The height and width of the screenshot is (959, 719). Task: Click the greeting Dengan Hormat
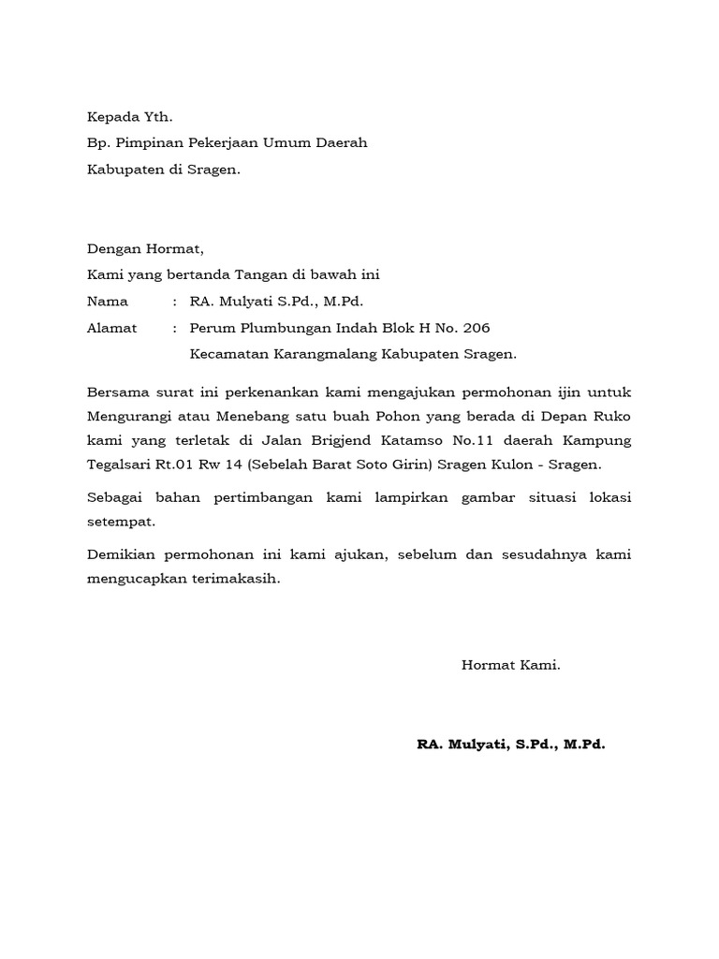coord(144,249)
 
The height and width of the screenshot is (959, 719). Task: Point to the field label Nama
coord(106,302)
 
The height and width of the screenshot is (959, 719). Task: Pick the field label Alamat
coord(111,328)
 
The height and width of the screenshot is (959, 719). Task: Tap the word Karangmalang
coord(317,355)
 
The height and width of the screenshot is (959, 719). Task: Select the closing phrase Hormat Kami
coord(510,665)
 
